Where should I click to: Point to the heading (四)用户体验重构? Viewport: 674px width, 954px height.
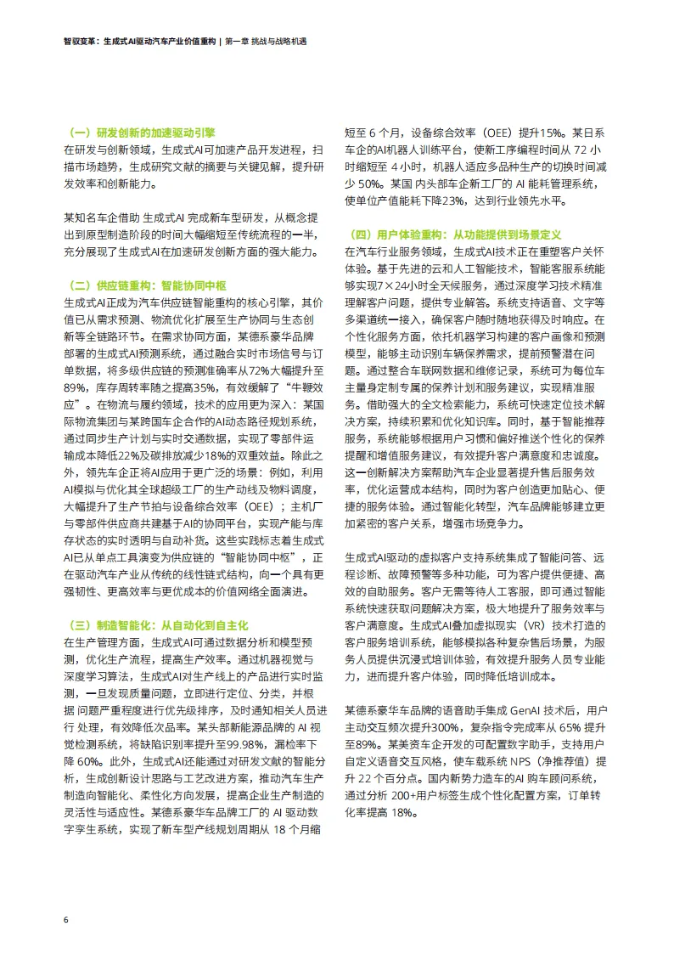457,234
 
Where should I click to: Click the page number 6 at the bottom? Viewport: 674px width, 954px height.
65,919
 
